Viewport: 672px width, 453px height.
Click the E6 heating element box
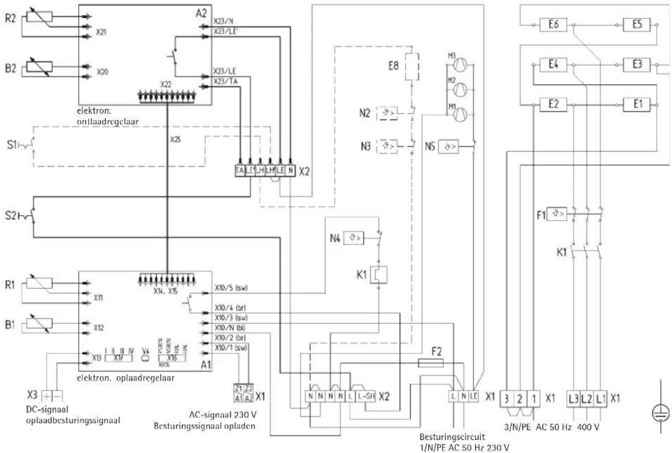(549, 25)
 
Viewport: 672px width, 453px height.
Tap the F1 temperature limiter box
(557, 214)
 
